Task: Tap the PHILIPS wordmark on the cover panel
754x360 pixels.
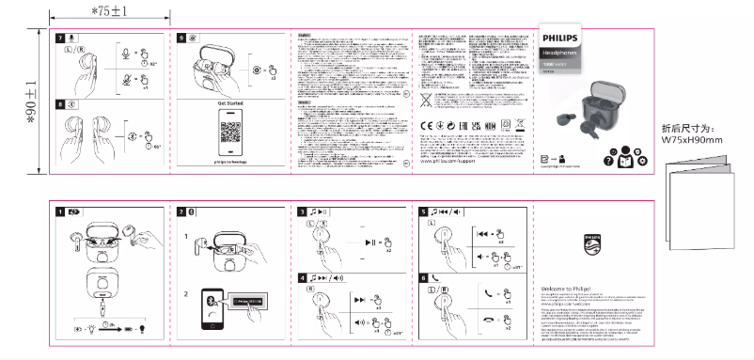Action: [561, 37]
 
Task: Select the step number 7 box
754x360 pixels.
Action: [60, 37]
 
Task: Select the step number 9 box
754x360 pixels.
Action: [181, 37]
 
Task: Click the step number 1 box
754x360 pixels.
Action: [60, 211]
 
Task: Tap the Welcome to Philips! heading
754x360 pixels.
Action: [569, 289]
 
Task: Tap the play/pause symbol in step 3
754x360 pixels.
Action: [368, 242]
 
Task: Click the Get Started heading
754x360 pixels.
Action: [230, 102]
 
